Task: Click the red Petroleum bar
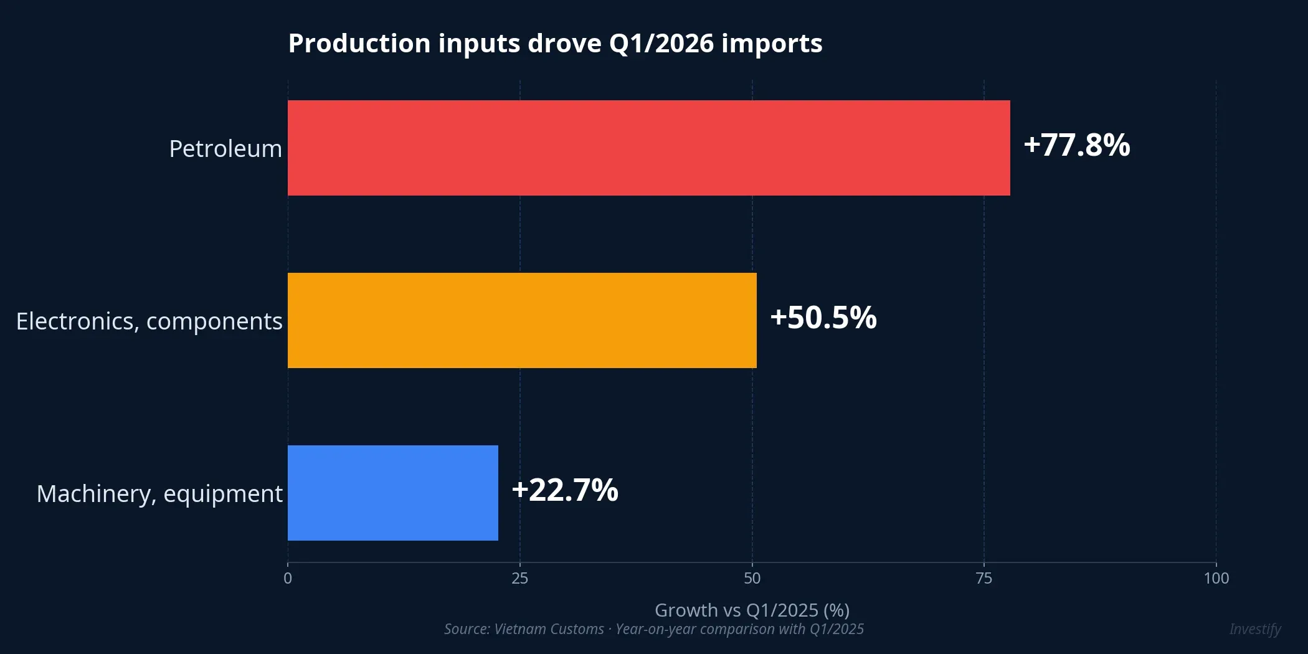tap(648, 148)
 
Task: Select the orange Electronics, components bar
tap(522, 320)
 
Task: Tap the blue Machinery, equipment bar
tap(392, 493)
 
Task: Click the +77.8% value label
tap(1076, 145)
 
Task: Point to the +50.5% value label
tap(823, 318)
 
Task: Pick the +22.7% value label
tap(564, 490)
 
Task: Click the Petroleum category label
tap(225, 149)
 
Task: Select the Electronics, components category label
tap(149, 321)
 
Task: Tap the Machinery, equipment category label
tap(159, 494)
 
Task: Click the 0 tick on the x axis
tap(288, 579)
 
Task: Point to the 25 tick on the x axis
tap(519, 579)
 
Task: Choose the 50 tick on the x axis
tap(752, 579)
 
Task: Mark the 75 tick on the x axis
tap(983, 579)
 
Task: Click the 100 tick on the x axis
tap(1216, 579)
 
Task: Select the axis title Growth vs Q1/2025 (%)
tap(752, 610)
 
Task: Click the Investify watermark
tap(1254, 629)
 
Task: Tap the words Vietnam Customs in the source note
tap(548, 629)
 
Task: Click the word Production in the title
tap(359, 44)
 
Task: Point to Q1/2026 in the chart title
tap(661, 44)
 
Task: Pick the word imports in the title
tap(772, 44)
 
